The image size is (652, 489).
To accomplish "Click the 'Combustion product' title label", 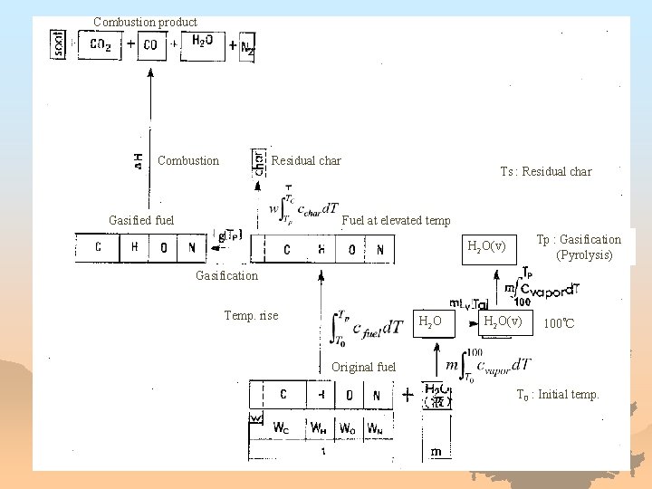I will pos(145,22).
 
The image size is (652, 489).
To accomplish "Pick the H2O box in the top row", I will pos(203,43).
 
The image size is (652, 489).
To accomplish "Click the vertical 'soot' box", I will pos(59,43).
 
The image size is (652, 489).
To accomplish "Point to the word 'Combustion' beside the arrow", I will pos(188,161).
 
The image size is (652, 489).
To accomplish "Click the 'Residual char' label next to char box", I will pos(306,161).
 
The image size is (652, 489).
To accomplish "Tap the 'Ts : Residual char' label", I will pos(546,171).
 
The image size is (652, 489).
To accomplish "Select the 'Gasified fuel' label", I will pos(141,220).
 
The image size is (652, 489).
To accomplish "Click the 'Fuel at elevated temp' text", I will pos(396,220).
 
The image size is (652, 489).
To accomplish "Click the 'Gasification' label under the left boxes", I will pos(226,275).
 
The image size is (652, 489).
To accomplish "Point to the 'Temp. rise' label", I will pos(251,316).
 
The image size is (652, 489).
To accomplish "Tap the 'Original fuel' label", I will pos(364,367).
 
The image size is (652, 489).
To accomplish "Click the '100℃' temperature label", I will pos(559,323).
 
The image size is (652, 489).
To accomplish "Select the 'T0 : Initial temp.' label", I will pos(558,395).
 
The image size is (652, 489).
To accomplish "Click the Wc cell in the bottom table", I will pos(281,427).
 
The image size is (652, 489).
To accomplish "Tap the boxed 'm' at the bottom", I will pos(436,451).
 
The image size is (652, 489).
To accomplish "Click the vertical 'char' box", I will pos(259,161).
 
